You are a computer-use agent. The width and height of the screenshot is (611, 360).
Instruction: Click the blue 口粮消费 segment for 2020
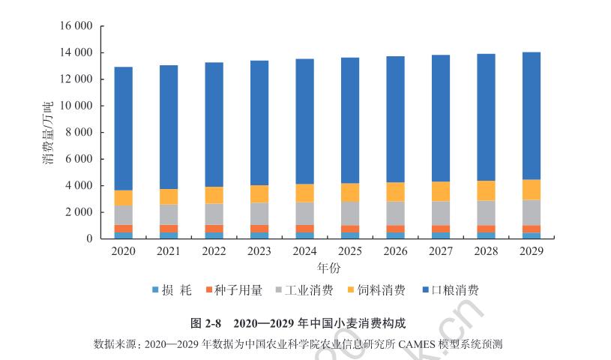123,128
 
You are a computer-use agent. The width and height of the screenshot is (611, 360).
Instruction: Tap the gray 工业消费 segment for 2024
304,214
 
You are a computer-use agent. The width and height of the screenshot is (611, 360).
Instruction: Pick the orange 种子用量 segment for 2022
214,229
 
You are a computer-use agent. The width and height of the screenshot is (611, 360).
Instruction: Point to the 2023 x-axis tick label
259,250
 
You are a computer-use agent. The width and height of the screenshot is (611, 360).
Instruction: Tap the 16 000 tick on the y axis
73,26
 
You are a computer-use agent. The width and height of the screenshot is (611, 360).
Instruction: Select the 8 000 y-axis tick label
76,133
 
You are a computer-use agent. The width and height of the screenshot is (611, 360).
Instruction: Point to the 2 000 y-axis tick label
76,212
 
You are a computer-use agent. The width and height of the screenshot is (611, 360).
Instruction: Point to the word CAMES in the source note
420,344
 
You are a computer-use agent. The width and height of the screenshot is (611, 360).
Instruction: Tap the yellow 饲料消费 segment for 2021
169,196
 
